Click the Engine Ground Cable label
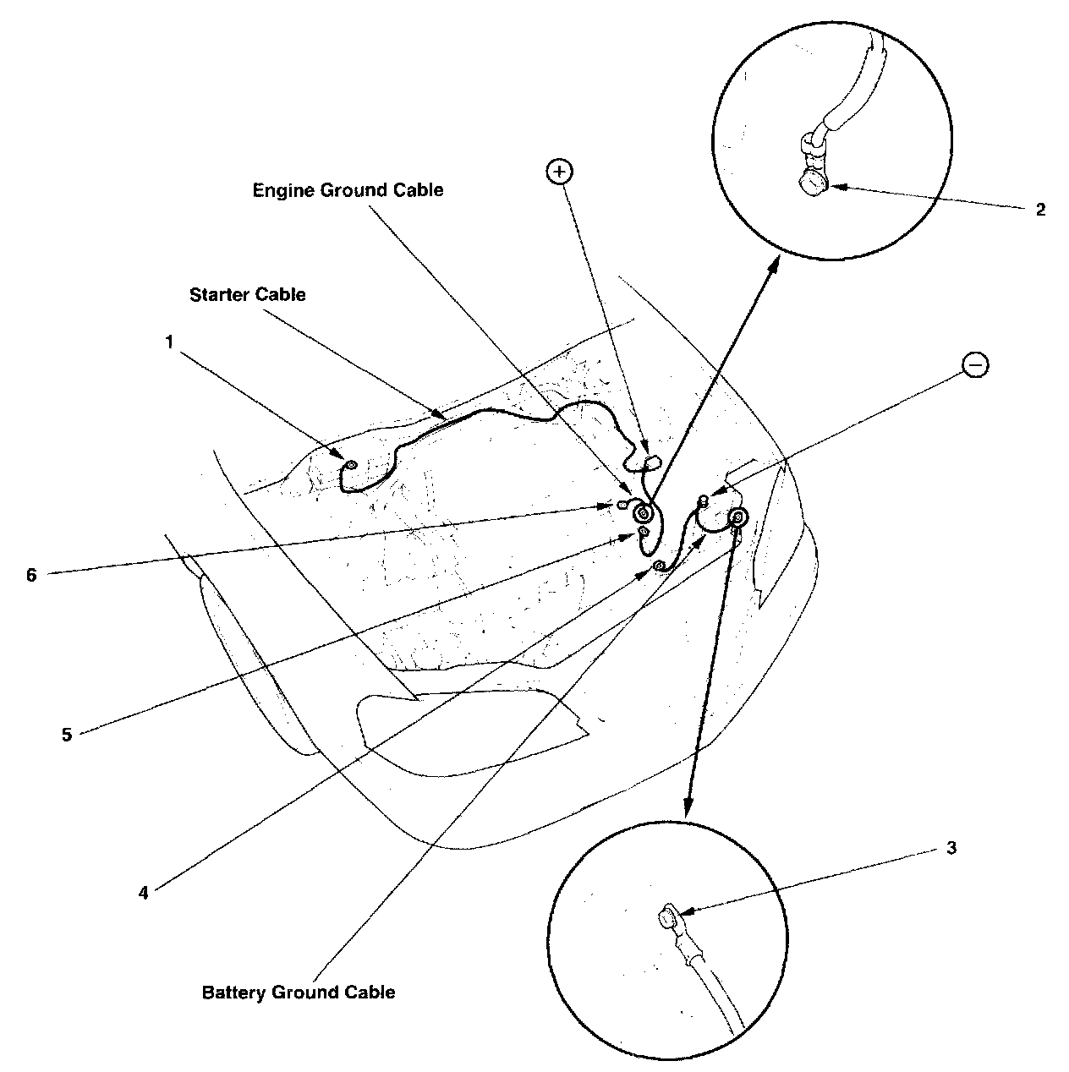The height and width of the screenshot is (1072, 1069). click(x=348, y=190)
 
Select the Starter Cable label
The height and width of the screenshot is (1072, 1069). click(x=247, y=295)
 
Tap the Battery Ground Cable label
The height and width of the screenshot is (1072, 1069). click(x=299, y=992)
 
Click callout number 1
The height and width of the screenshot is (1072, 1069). click(x=169, y=342)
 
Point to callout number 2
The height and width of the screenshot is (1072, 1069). click(x=1040, y=210)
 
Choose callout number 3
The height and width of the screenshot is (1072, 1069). click(x=951, y=848)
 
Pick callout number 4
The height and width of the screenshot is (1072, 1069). click(x=144, y=892)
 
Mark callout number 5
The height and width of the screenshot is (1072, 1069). click(x=67, y=735)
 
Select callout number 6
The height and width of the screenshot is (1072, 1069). click(x=31, y=575)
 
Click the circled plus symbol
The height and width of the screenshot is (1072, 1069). click(x=560, y=172)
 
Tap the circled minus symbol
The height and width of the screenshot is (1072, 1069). click(x=975, y=365)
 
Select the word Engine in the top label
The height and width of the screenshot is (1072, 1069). click(x=284, y=190)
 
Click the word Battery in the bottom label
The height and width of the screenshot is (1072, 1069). click(x=233, y=992)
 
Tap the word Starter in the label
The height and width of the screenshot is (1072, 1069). click(x=218, y=295)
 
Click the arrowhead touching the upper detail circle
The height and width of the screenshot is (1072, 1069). click(x=774, y=264)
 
